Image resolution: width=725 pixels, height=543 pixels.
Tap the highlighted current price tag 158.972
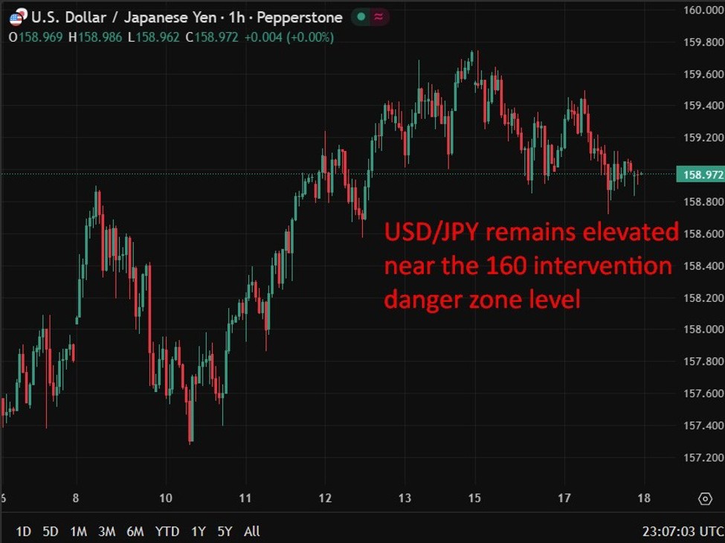699,175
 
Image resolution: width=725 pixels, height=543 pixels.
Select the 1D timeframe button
24,531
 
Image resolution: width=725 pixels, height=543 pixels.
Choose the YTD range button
168,531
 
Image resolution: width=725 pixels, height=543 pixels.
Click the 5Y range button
225,531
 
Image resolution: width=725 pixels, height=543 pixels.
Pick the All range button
252,531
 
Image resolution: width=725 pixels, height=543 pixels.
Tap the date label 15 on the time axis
475,498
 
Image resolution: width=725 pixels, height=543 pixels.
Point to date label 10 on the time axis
166,498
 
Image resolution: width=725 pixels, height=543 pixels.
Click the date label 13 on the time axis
405,498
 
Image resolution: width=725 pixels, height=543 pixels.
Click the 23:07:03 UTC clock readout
682,531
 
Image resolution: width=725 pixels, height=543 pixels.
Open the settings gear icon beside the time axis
704,498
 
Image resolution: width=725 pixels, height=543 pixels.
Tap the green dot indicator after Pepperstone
361,17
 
